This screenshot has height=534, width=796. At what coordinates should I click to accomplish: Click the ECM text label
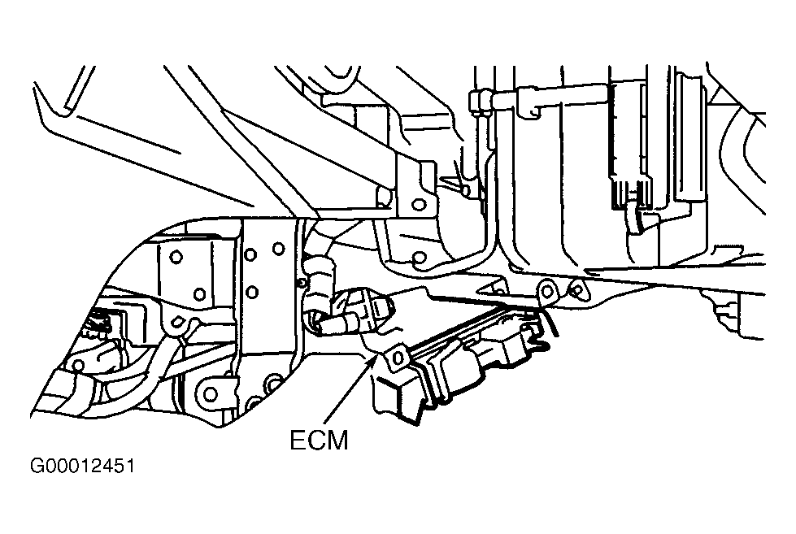320,440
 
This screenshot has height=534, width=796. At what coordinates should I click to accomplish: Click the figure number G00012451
83,466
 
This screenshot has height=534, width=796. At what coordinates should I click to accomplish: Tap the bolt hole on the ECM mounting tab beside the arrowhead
397,357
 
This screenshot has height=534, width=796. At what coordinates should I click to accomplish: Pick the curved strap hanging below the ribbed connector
634,219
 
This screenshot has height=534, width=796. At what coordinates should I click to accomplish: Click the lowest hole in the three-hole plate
252,293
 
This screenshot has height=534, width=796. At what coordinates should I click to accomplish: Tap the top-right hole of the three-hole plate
278,249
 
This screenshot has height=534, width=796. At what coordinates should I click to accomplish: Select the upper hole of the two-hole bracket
176,257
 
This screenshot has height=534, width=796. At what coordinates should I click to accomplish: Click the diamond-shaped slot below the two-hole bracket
177,321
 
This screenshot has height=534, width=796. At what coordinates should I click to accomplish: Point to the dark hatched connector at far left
100,323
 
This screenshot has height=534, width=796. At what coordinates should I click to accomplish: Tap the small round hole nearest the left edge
78,365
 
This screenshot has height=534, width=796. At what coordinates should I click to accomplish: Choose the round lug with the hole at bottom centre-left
210,393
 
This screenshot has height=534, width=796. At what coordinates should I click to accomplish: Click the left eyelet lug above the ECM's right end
546,291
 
